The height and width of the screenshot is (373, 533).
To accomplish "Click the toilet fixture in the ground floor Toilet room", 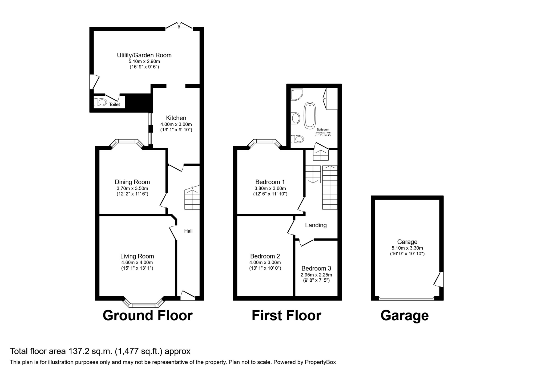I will tap(100, 102).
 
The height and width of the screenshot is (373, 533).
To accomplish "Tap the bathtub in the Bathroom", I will tap(310, 115).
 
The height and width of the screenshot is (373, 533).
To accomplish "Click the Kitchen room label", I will tap(176, 118).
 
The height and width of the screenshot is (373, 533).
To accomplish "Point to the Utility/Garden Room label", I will tap(144, 55).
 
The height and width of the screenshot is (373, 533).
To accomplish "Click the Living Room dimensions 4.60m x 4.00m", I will tap(137, 262).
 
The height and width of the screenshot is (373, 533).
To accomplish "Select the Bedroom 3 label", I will tap(316, 268).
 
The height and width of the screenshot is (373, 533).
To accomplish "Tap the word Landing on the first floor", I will tap(316, 225).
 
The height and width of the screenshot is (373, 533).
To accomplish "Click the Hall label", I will tap(188, 231).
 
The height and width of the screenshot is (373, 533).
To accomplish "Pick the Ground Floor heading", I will tap(148, 315).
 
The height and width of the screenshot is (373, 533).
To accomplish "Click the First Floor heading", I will tap(286, 315).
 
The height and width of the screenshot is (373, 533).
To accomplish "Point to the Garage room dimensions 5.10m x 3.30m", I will tap(407, 248).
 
